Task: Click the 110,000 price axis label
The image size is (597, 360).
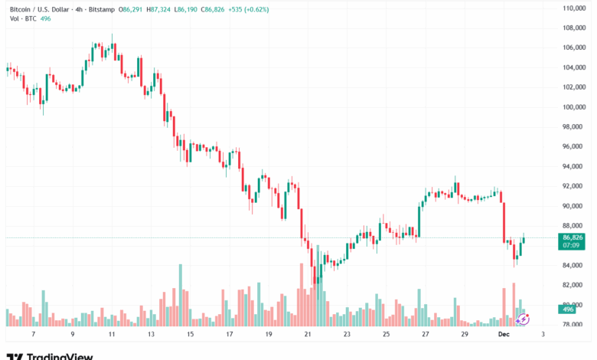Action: (x=573, y=8)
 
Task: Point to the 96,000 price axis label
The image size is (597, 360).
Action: (x=573, y=146)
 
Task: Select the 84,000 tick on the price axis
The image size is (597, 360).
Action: (x=573, y=265)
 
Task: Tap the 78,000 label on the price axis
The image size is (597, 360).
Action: (x=573, y=325)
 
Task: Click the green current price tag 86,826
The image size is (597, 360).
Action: (x=573, y=237)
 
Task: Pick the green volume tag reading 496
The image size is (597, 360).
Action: (x=569, y=309)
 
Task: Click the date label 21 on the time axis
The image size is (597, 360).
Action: (x=307, y=335)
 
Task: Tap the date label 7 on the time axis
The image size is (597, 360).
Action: (x=33, y=335)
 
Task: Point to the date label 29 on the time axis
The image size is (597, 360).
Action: (x=465, y=335)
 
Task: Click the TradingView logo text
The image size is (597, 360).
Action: (x=60, y=356)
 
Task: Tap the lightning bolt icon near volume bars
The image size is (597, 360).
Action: (x=524, y=316)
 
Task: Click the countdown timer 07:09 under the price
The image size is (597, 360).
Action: (x=569, y=247)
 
